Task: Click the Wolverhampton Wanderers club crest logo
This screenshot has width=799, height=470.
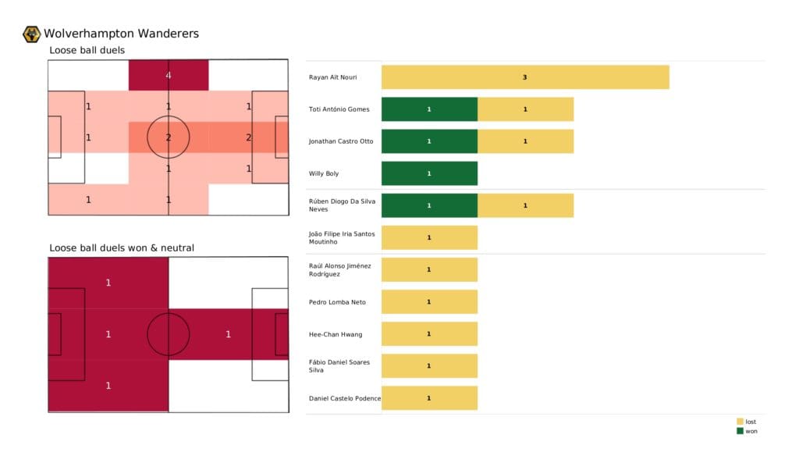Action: click(32, 34)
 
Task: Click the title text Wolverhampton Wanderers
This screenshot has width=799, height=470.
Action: click(121, 34)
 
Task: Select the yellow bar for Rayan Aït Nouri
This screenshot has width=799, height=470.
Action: click(525, 77)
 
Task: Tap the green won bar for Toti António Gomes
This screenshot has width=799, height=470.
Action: click(429, 109)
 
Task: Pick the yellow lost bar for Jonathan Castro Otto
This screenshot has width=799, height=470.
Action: click(525, 141)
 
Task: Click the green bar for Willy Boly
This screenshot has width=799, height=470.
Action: click(429, 173)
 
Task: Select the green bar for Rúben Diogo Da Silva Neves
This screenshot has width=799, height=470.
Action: click(429, 205)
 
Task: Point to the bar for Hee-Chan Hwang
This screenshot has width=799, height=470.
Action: click(429, 334)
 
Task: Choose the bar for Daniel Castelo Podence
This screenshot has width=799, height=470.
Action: click(429, 398)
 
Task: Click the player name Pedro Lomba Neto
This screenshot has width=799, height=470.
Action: click(337, 302)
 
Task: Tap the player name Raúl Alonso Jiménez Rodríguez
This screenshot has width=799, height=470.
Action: click(340, 270)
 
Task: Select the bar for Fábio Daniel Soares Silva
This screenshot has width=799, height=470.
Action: click(429, 366)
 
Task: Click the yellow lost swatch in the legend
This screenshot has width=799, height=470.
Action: click(740, 422)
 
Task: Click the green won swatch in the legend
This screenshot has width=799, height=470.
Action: click(740, 431)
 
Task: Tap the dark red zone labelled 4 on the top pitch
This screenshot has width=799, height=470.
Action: click(169, 75)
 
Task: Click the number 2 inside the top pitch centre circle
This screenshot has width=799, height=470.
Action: click(169, 137)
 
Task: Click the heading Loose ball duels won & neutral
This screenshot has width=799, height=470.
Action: click(122, 248)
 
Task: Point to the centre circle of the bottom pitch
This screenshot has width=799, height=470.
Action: click(169, 334)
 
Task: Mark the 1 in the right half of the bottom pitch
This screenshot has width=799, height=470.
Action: click(228, 334)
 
